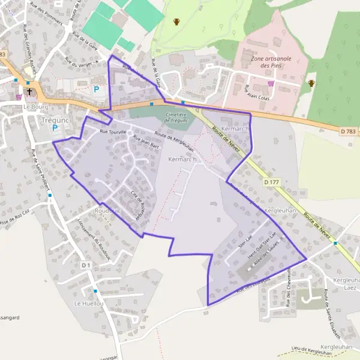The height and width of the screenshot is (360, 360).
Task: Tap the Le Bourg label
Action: [x=35, y=106]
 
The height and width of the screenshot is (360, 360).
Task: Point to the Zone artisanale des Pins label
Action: [x=271, y=62]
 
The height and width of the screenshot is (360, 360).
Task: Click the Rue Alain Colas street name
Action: [x=259, y=92]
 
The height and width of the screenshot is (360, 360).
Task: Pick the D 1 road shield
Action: [x=85, y=264]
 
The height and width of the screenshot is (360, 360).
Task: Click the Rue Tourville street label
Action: [x=113, y=131]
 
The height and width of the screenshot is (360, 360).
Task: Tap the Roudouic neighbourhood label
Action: [x=107, y=211]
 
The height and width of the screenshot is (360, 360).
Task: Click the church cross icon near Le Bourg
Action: [x=29, y=92]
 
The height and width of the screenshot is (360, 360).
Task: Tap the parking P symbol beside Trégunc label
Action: [x=56, y=128]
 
